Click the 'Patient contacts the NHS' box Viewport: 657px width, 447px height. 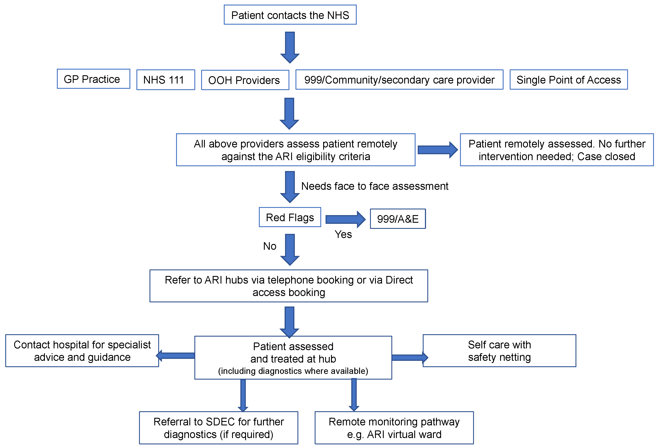[x=290, y=15]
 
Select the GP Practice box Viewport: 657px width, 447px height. [x=93, y=79]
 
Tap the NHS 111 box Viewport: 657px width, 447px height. [x=166, y=80]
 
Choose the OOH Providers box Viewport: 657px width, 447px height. [x=245, y=80]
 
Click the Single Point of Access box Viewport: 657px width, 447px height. [x=569, y=80]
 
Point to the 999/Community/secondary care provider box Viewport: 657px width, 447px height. [x=399, y=80]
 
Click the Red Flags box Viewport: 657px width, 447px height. [x=290, y=217]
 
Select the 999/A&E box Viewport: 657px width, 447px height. [x=397, y=219]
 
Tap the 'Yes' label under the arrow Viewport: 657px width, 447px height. [x=343, y=234]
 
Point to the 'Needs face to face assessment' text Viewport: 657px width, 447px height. [x=375, y=186]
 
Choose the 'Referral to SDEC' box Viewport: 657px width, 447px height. [x=219, y=428]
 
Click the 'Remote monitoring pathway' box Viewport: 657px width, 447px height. [x=394, y=428]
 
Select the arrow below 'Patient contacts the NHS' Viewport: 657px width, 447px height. [x=290, y=47]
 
